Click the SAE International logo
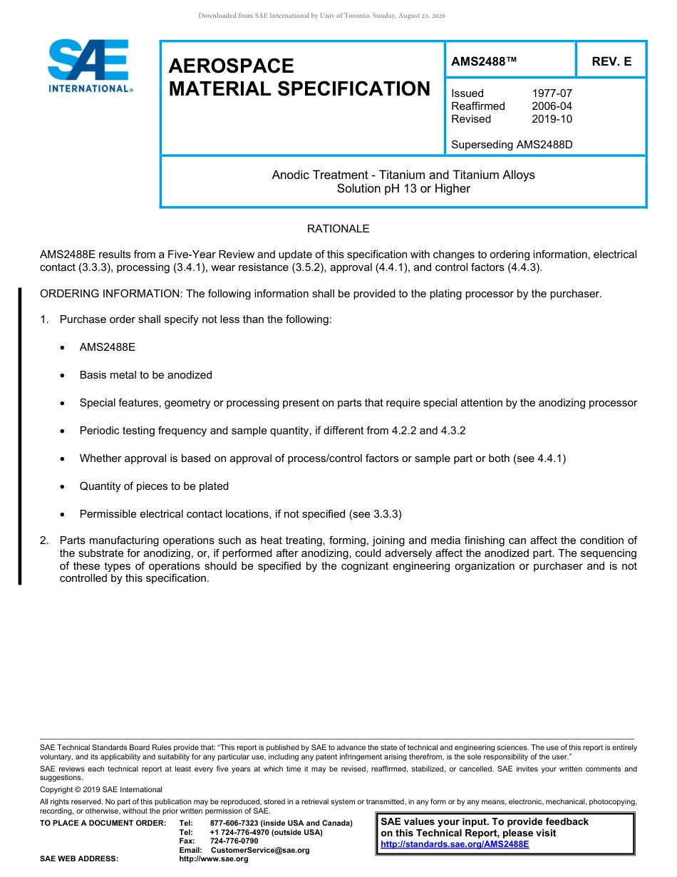click(89, 66)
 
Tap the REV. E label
click(611, 62)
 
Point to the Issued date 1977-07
click(552, 93)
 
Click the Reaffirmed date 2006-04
click(552, 106)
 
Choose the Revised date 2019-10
click(552, 119)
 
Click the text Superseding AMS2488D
click(512, 145)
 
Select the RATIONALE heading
click(338, 229)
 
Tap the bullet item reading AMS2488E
click(107, 347)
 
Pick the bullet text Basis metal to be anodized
click(145, 375)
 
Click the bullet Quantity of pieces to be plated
click(154, 486)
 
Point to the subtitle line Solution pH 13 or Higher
click(403, 189)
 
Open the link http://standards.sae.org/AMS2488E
click(455, 844)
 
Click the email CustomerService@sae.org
click(260, 850)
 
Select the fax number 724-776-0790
click(234, 841)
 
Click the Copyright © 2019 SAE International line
click(101, 789)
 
